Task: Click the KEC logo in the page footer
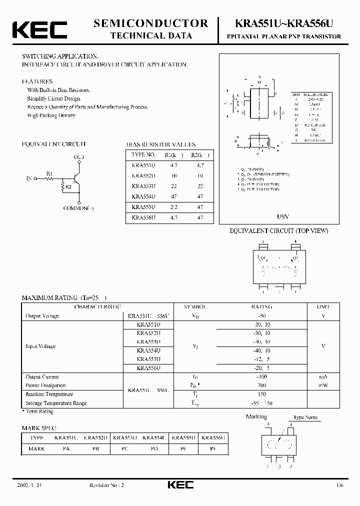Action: click(x=180, y=485)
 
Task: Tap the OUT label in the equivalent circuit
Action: click(x=79, y=157)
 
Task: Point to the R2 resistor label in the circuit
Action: click(x=68, y=186)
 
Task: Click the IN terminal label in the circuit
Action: click(x=29, y=177)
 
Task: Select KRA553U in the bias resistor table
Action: click(x=144, y=186)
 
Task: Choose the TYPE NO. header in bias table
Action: click(x=144, y=154)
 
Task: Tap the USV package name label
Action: click(x=283, y=217)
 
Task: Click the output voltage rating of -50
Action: click(x=261, y=316)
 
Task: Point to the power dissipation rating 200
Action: click(x=261, y=385)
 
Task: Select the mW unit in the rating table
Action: click(x=322, y=385)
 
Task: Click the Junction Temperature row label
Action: click(x=48, y=394)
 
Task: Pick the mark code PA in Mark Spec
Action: click(x=66, y=448)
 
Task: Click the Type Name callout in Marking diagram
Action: click(x=305, y=417)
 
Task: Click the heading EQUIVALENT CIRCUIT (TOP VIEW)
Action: click(x=278, y=231)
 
